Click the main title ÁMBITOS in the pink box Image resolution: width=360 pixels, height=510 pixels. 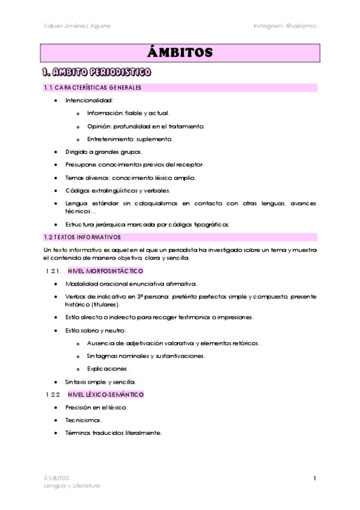pyautogui.click(x=180, y=53)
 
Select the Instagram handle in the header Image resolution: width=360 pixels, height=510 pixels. pyautogui.click(x=285, y=26)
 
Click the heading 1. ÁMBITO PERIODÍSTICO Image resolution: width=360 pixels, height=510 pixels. pyautogui.click(x=96, y=73)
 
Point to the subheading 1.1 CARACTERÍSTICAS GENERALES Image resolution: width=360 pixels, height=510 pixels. pyautogui.click(x=93, y=88)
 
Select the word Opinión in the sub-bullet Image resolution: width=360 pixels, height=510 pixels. pyautogui.click(x=100, y=126)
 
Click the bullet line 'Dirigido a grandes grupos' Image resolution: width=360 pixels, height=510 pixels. pyautogui.click(x=103, y=152)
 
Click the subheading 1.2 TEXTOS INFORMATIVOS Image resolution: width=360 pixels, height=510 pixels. pyautogui.click(x=82, y=237)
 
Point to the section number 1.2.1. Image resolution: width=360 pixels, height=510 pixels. pyautogui.click(x=53, y=271)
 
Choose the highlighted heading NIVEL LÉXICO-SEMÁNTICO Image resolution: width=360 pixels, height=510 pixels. pyautogui.click(x=106, y=395)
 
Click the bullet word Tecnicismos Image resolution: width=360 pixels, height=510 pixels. pyautogui.click(x=84, y=420)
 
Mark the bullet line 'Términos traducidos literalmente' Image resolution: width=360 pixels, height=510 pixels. pyautogui.click(x=114, y=432)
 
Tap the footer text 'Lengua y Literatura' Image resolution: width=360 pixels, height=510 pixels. pyautogui.click(x=72, y=485)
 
